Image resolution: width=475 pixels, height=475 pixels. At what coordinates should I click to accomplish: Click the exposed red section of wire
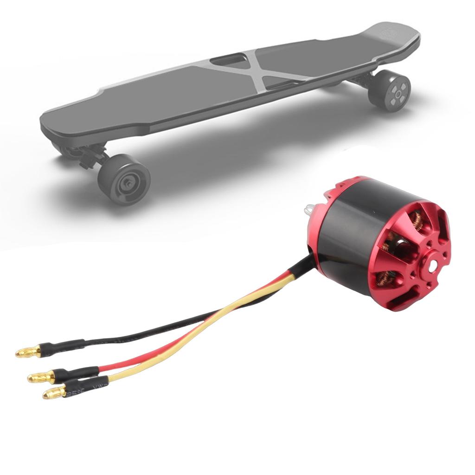195,334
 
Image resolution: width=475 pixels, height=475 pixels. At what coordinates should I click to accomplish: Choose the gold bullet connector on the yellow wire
54,393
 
